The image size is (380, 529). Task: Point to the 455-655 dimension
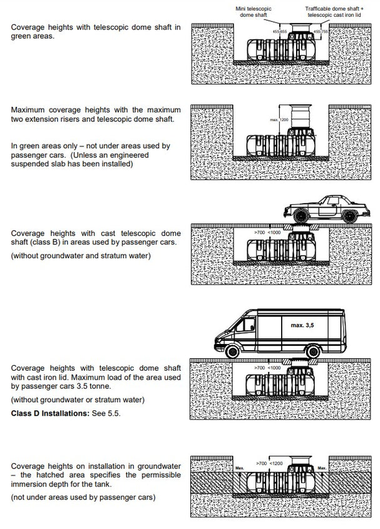click(279, 30)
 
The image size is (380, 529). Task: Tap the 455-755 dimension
click(321, 30)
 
